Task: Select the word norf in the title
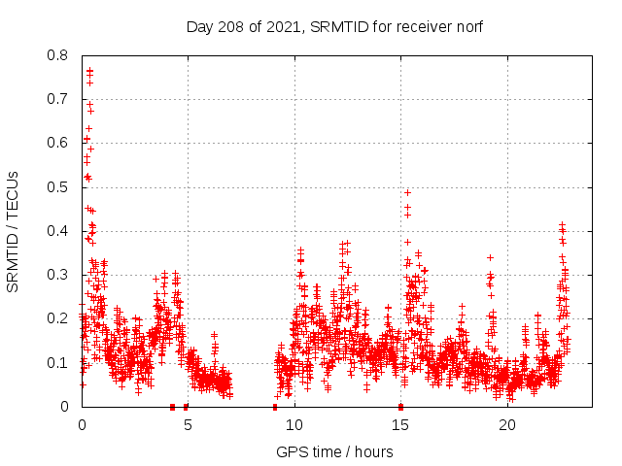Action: pyautogui.click(x=466, y=26)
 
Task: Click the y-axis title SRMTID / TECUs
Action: pyautogui.click(x=14, y=231)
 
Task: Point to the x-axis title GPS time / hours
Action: pyautogui.click(x=334, y=452)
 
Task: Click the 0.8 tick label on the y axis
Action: pyautogui.click(x=60, y=55)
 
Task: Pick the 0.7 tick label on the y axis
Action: pyautogui.click(x=60, y=99)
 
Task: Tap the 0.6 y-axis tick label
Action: pyautogui.click(x=60, y=143)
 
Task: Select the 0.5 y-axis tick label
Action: pyautogui.click(x=60, y=187)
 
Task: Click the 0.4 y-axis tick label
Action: pyautogui.click(x=60, y=231)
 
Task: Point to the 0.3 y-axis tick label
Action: pyautogui.click(x=60, y=275)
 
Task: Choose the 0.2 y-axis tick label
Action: pyautogui.click(x=60, y=318)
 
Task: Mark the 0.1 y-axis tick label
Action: pyautogui.click(x=60, y=363)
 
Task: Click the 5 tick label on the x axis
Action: pyautogui.click(x=189, y=425)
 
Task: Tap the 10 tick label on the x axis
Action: pyautogui.click(x=294, y=425)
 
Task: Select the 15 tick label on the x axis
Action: pyautogui.click(x=401, y=425)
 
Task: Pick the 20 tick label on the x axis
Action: pyautogui.click(x=507, y=425)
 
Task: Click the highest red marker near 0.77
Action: pyautogui.click(x=89, y=70)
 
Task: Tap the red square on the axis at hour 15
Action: pyautogui.click(x=400, y=407)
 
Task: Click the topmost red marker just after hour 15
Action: pyautogui.click(x=407, y=192)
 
